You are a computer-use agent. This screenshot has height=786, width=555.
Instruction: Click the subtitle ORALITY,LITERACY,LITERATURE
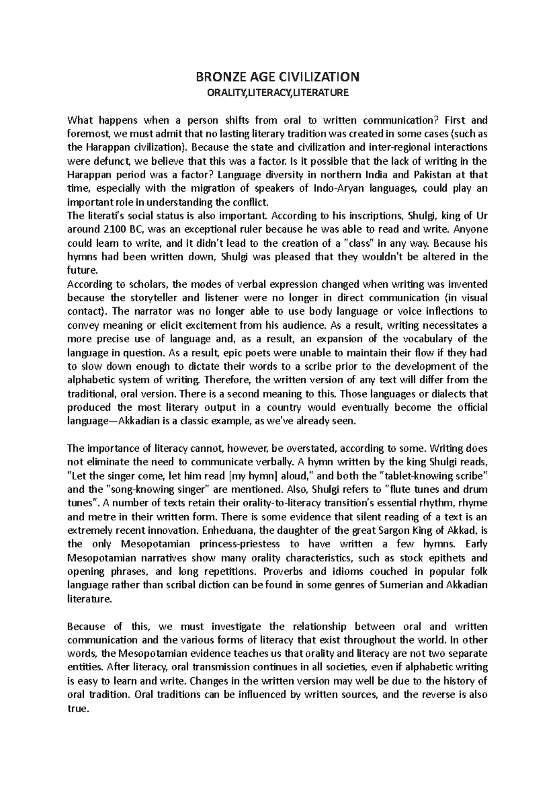tap(277, 93)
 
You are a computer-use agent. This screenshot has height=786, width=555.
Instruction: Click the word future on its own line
tap(82, 270)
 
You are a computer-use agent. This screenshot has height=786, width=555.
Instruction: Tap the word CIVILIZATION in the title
tap(314, 76)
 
